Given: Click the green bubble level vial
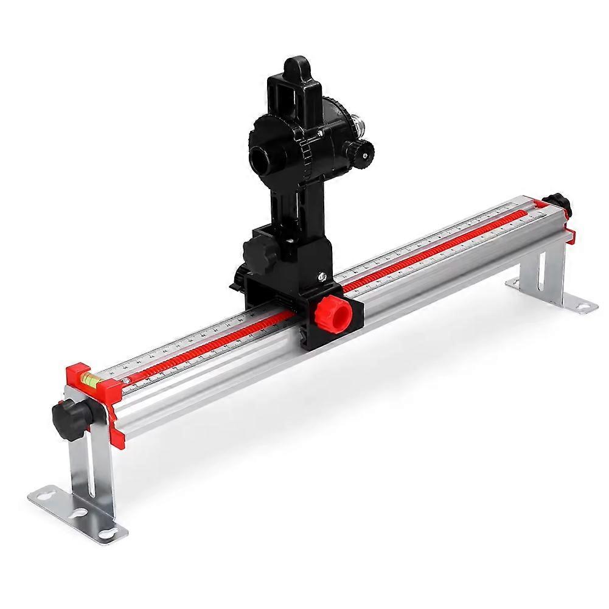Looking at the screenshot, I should pyautogui.click(x=88, y=381).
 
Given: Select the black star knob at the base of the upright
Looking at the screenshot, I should pyautogui.click(x=257, y=251).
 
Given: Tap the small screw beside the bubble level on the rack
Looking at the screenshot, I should pyautogui.click(x=127, y=380).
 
